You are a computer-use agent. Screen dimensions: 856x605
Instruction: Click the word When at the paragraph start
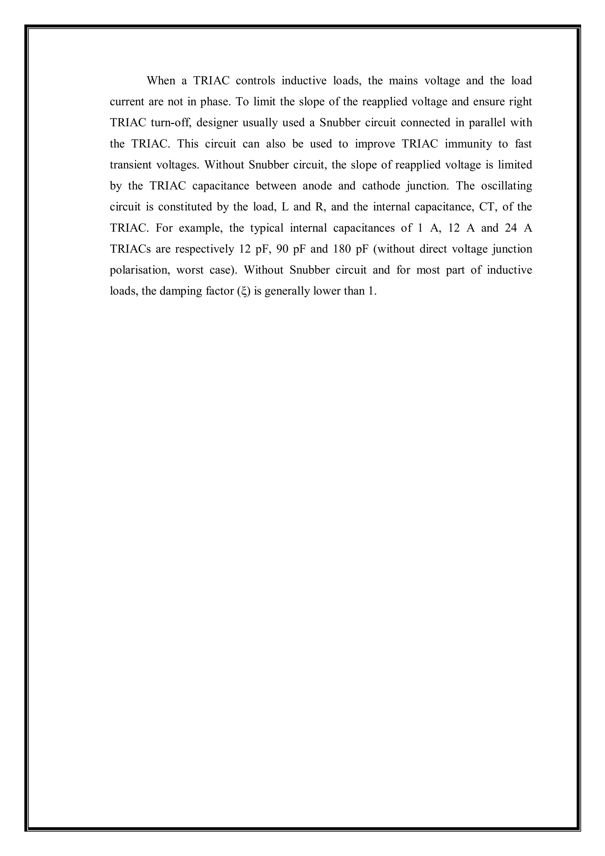click(x=161, y=81)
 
